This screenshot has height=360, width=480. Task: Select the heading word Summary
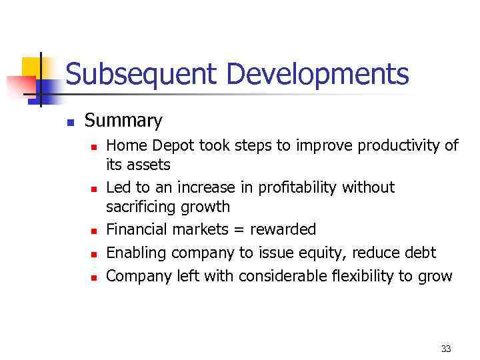[x=123, y=121]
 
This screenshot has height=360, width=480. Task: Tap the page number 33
[x=446, y=349]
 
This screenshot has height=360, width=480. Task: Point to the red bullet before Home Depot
[x=94, y=146]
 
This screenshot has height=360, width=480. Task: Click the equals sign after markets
[x=239, y=230]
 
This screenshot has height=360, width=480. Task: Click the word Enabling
[x=134, y=253]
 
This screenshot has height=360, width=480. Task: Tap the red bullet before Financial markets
[x=94, y=231]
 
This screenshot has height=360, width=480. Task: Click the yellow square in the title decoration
[x=32, y=67]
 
